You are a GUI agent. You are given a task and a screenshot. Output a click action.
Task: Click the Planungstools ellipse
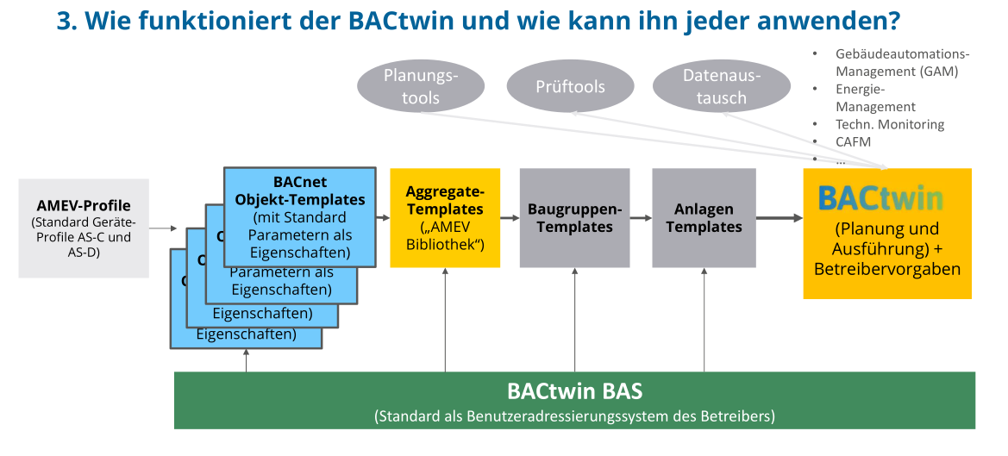click(x=420, y=86)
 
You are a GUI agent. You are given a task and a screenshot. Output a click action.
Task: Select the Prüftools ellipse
click(x=570, y=86)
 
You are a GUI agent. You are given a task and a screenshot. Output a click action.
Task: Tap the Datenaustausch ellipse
click(x=721, y=86)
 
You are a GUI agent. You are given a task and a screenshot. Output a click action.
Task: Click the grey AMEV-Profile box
click(x=84, y=228)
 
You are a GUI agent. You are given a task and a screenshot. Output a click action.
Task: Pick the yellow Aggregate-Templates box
click(x=445, y=217)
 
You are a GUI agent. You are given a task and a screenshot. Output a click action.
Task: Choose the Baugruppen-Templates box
click(x=574, y=217)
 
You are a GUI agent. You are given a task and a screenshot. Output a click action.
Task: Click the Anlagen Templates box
click(x=704, y=217)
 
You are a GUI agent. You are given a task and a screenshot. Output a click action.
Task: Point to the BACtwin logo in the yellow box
click(x=880, y=198)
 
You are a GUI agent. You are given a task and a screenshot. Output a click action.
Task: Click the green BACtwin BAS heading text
click(x=574, y=391)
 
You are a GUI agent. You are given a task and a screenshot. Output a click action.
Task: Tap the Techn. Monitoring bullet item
click(x=890, y=124)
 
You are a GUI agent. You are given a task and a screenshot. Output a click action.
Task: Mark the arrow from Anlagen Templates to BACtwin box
click(x=779, y=218)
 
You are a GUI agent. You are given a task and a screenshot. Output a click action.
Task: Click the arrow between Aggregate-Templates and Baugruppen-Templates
click(x=510, y=218)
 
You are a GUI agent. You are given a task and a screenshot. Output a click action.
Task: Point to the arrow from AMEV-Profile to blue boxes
click(x=163, y=228)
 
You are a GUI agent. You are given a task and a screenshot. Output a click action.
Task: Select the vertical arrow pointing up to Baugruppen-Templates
click(x=574, y=319)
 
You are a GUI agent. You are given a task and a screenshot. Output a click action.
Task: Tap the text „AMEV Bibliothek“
click(x=445, y=236)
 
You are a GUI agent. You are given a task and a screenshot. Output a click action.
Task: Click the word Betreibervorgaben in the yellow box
click(x=887, y=268)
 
